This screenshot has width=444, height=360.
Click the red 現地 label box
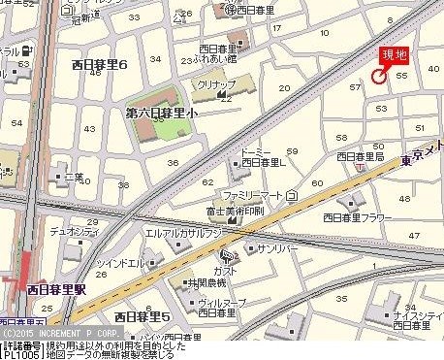pyautogui.click(x=395, y=55)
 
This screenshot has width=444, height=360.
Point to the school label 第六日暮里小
pyautogui.click(x=161, y=114)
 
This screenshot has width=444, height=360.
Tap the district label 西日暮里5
pyautogui.click(x=142, y=316)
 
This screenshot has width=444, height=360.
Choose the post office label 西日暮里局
pyautogui.click(x=361, y=156)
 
